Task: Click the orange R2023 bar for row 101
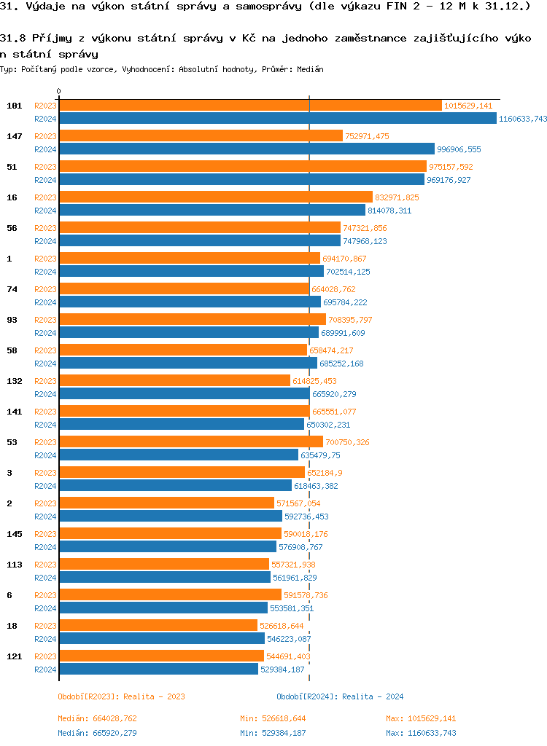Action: pyautogui.click(x=250, y=106)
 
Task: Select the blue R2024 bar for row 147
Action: pyautogui.click(x=247, y=149)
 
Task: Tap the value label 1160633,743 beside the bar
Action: pyautogui.click(x=523, y=119)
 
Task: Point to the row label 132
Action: pyautogui.click(x=14, y=381)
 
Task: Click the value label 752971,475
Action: pyautogui.click(x=367, y=136)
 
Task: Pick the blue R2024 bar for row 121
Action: pyautogui.click(x=158, y=670)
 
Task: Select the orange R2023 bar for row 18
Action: pyautogui.click(x=158, y=626)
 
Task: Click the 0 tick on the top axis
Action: pyautogui.click(x=59, y=92)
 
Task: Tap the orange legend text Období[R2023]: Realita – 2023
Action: pyautogui.click(x=121, y=696)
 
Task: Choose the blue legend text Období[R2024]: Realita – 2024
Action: pyautogui.click(x=340, y=696)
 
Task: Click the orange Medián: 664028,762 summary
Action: pyautogui.click(x=97, y=719)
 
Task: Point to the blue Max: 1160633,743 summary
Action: pyautogui.click(x=421, y=733)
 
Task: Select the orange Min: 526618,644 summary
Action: pyautogui.click(x=273, y=719)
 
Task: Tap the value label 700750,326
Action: pyautogui.click(x=347, y=442)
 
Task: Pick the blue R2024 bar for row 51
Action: pyautogui.click(x=241, y=180)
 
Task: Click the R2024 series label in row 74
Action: pyautogui.click(x=45, y=302)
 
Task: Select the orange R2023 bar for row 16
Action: pyautogui.click(x=216, y=197)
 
